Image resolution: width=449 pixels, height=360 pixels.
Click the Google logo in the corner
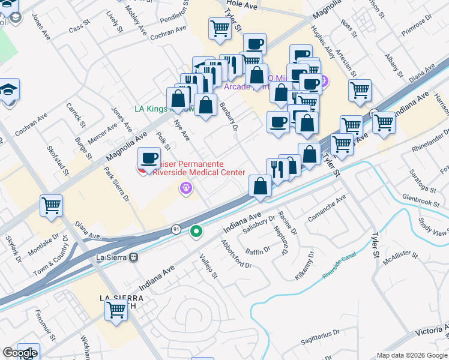tap(19, 353)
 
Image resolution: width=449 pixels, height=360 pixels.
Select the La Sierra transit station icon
tap(134, 256)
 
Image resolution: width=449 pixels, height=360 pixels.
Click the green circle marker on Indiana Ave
tap(196, 231)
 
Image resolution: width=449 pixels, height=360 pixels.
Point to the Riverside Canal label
tap(339, 265)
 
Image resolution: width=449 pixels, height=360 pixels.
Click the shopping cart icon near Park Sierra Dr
tap(51, 205)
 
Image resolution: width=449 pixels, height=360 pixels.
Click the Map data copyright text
tap(412, 355)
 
